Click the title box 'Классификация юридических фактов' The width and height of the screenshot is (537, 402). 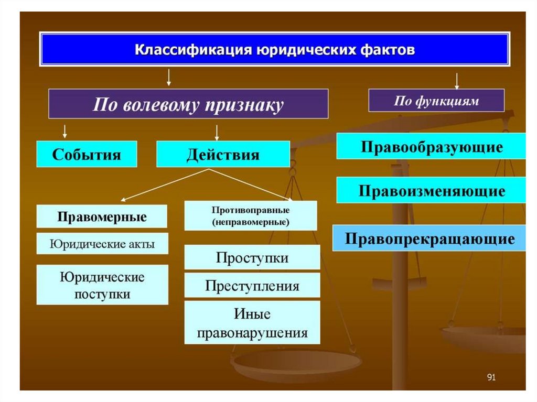pos(275,49)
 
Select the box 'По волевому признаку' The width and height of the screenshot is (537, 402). pos(188,104)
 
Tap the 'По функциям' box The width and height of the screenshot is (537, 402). pos(436,101)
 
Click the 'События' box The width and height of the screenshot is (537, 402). pos(87,155)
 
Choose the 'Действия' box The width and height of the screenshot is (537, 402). pos(223,155)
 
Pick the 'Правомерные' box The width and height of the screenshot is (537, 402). pos(102,216)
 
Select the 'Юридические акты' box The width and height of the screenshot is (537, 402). pos(102,244)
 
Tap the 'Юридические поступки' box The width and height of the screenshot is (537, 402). pos(102,285)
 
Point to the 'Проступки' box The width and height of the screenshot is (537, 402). pos(252,257)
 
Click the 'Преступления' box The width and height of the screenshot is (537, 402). pos(252,286)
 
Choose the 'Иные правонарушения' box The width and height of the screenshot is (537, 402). pos(252,323)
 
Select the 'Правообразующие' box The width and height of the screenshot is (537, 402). pos(431,146)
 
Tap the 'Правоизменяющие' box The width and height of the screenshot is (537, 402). pos(431,190)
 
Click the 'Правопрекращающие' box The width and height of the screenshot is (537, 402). pos(429,238)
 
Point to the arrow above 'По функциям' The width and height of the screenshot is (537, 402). pos(457,81)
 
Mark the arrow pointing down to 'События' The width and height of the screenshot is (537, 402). pos(65,131)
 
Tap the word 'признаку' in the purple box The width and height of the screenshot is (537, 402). pos(249,104)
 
